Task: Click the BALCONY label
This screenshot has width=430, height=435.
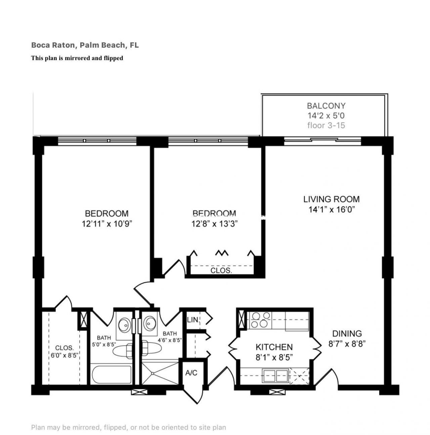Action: tap(326, 106)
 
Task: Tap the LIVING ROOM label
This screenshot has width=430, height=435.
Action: tap(331, 199)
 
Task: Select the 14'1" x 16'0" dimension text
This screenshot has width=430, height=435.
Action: tap(332, 210)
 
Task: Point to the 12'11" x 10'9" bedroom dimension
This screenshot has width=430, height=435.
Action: tap(107, 224)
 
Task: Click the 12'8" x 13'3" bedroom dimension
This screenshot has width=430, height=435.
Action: tap(215, 224)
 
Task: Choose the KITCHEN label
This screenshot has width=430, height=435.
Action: tap(274, 347)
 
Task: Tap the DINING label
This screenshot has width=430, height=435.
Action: tap(347, 333)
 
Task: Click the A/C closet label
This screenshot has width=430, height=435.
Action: tap(191, 373)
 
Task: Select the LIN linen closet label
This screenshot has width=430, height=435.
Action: tap(192, 319)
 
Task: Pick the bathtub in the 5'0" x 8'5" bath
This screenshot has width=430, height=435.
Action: tap(111, 374)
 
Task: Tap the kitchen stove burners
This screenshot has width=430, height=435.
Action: tap(261, 320)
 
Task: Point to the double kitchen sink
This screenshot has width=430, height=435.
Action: tap(276, 375)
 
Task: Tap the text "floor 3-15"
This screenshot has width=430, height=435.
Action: tap(326, 125)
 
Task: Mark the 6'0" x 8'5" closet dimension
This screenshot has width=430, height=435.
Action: tap(64, 355)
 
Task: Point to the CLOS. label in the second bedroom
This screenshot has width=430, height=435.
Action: tap(221, 270)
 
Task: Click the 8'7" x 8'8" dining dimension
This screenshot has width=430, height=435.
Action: tap(347, 344)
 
